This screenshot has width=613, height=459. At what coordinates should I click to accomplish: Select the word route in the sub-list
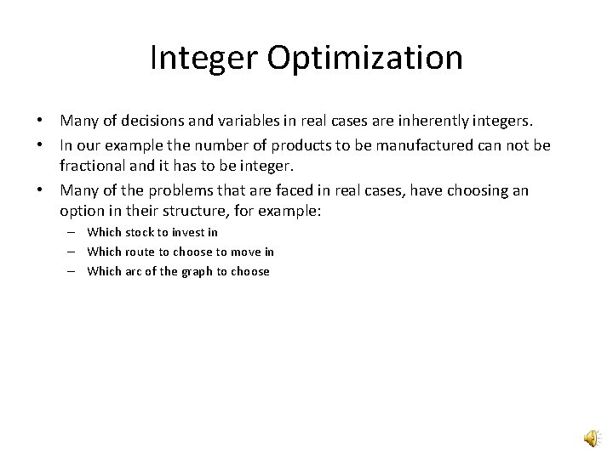[x=140, y=252]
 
